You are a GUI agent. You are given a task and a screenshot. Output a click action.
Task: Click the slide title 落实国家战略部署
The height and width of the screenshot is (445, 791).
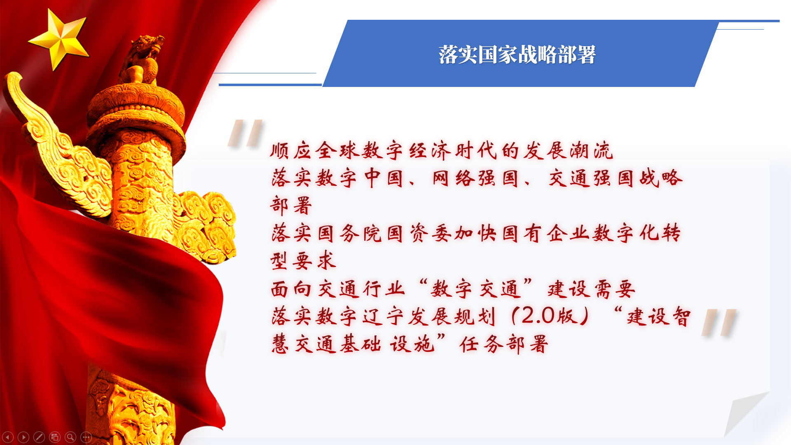point(517,55)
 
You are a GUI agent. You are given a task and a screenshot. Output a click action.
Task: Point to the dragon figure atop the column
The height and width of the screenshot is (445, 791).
point(142,58)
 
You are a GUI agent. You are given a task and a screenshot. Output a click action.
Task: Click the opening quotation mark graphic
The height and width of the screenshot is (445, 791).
point(246,133)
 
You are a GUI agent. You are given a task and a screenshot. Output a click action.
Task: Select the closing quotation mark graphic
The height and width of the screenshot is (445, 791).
point(719,322)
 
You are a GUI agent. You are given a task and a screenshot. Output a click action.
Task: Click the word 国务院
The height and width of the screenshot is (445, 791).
point(350,234)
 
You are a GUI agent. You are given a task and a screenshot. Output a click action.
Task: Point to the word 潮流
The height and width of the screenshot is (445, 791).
point(592,151)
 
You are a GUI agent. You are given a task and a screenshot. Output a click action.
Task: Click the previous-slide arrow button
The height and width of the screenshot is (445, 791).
point(8,437)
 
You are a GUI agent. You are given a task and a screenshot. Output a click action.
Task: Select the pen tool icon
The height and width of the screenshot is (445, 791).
point(39,437)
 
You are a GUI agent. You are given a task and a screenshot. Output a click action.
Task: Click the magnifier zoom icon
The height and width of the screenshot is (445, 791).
point(70,437)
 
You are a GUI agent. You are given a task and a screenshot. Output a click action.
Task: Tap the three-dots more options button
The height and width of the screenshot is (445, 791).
point(86,437)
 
